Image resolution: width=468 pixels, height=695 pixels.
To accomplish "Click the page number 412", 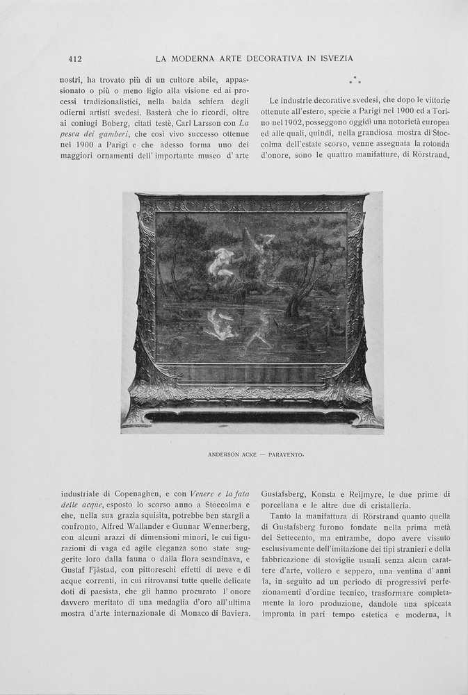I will tap(75, 59).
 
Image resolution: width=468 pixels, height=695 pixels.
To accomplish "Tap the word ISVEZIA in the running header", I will tap(332, 59).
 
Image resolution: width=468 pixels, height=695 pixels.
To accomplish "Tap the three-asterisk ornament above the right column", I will tap(355, 81).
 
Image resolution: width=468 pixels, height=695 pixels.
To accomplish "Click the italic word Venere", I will tap(195, 494).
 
